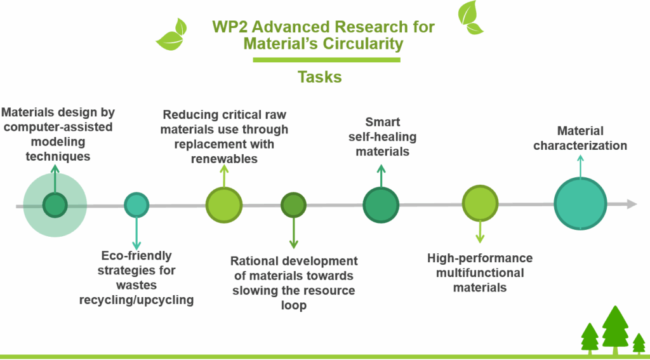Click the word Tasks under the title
[319, 77]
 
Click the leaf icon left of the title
[172, 34]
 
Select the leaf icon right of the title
[470, 17]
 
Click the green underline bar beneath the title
[326, 60]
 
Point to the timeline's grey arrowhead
[631, 204]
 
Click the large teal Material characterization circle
[580, 204]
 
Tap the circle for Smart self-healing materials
[381, 204]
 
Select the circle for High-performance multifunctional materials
[481, 204]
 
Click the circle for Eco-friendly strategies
[136, 204]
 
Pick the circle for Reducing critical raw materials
[224, 204]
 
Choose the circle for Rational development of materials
[293, 204]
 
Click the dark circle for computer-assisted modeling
[55, 204]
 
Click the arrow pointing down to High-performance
[481, 232]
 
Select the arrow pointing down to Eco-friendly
[136, 232]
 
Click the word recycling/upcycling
[136, 300]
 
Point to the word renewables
[224, 158]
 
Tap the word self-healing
[382, 137]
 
